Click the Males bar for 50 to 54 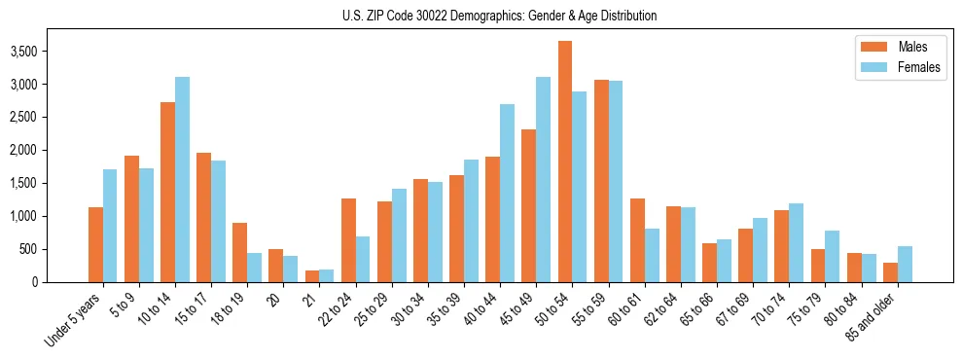click(565, 162)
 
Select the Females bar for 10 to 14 click(183, 179)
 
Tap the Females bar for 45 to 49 click(544, 179)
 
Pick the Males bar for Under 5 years click(95, 244)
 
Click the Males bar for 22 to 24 click(348, 240)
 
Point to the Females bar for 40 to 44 click(508, 193)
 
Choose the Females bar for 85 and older click(905, 264)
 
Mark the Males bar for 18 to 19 click(240, 252)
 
